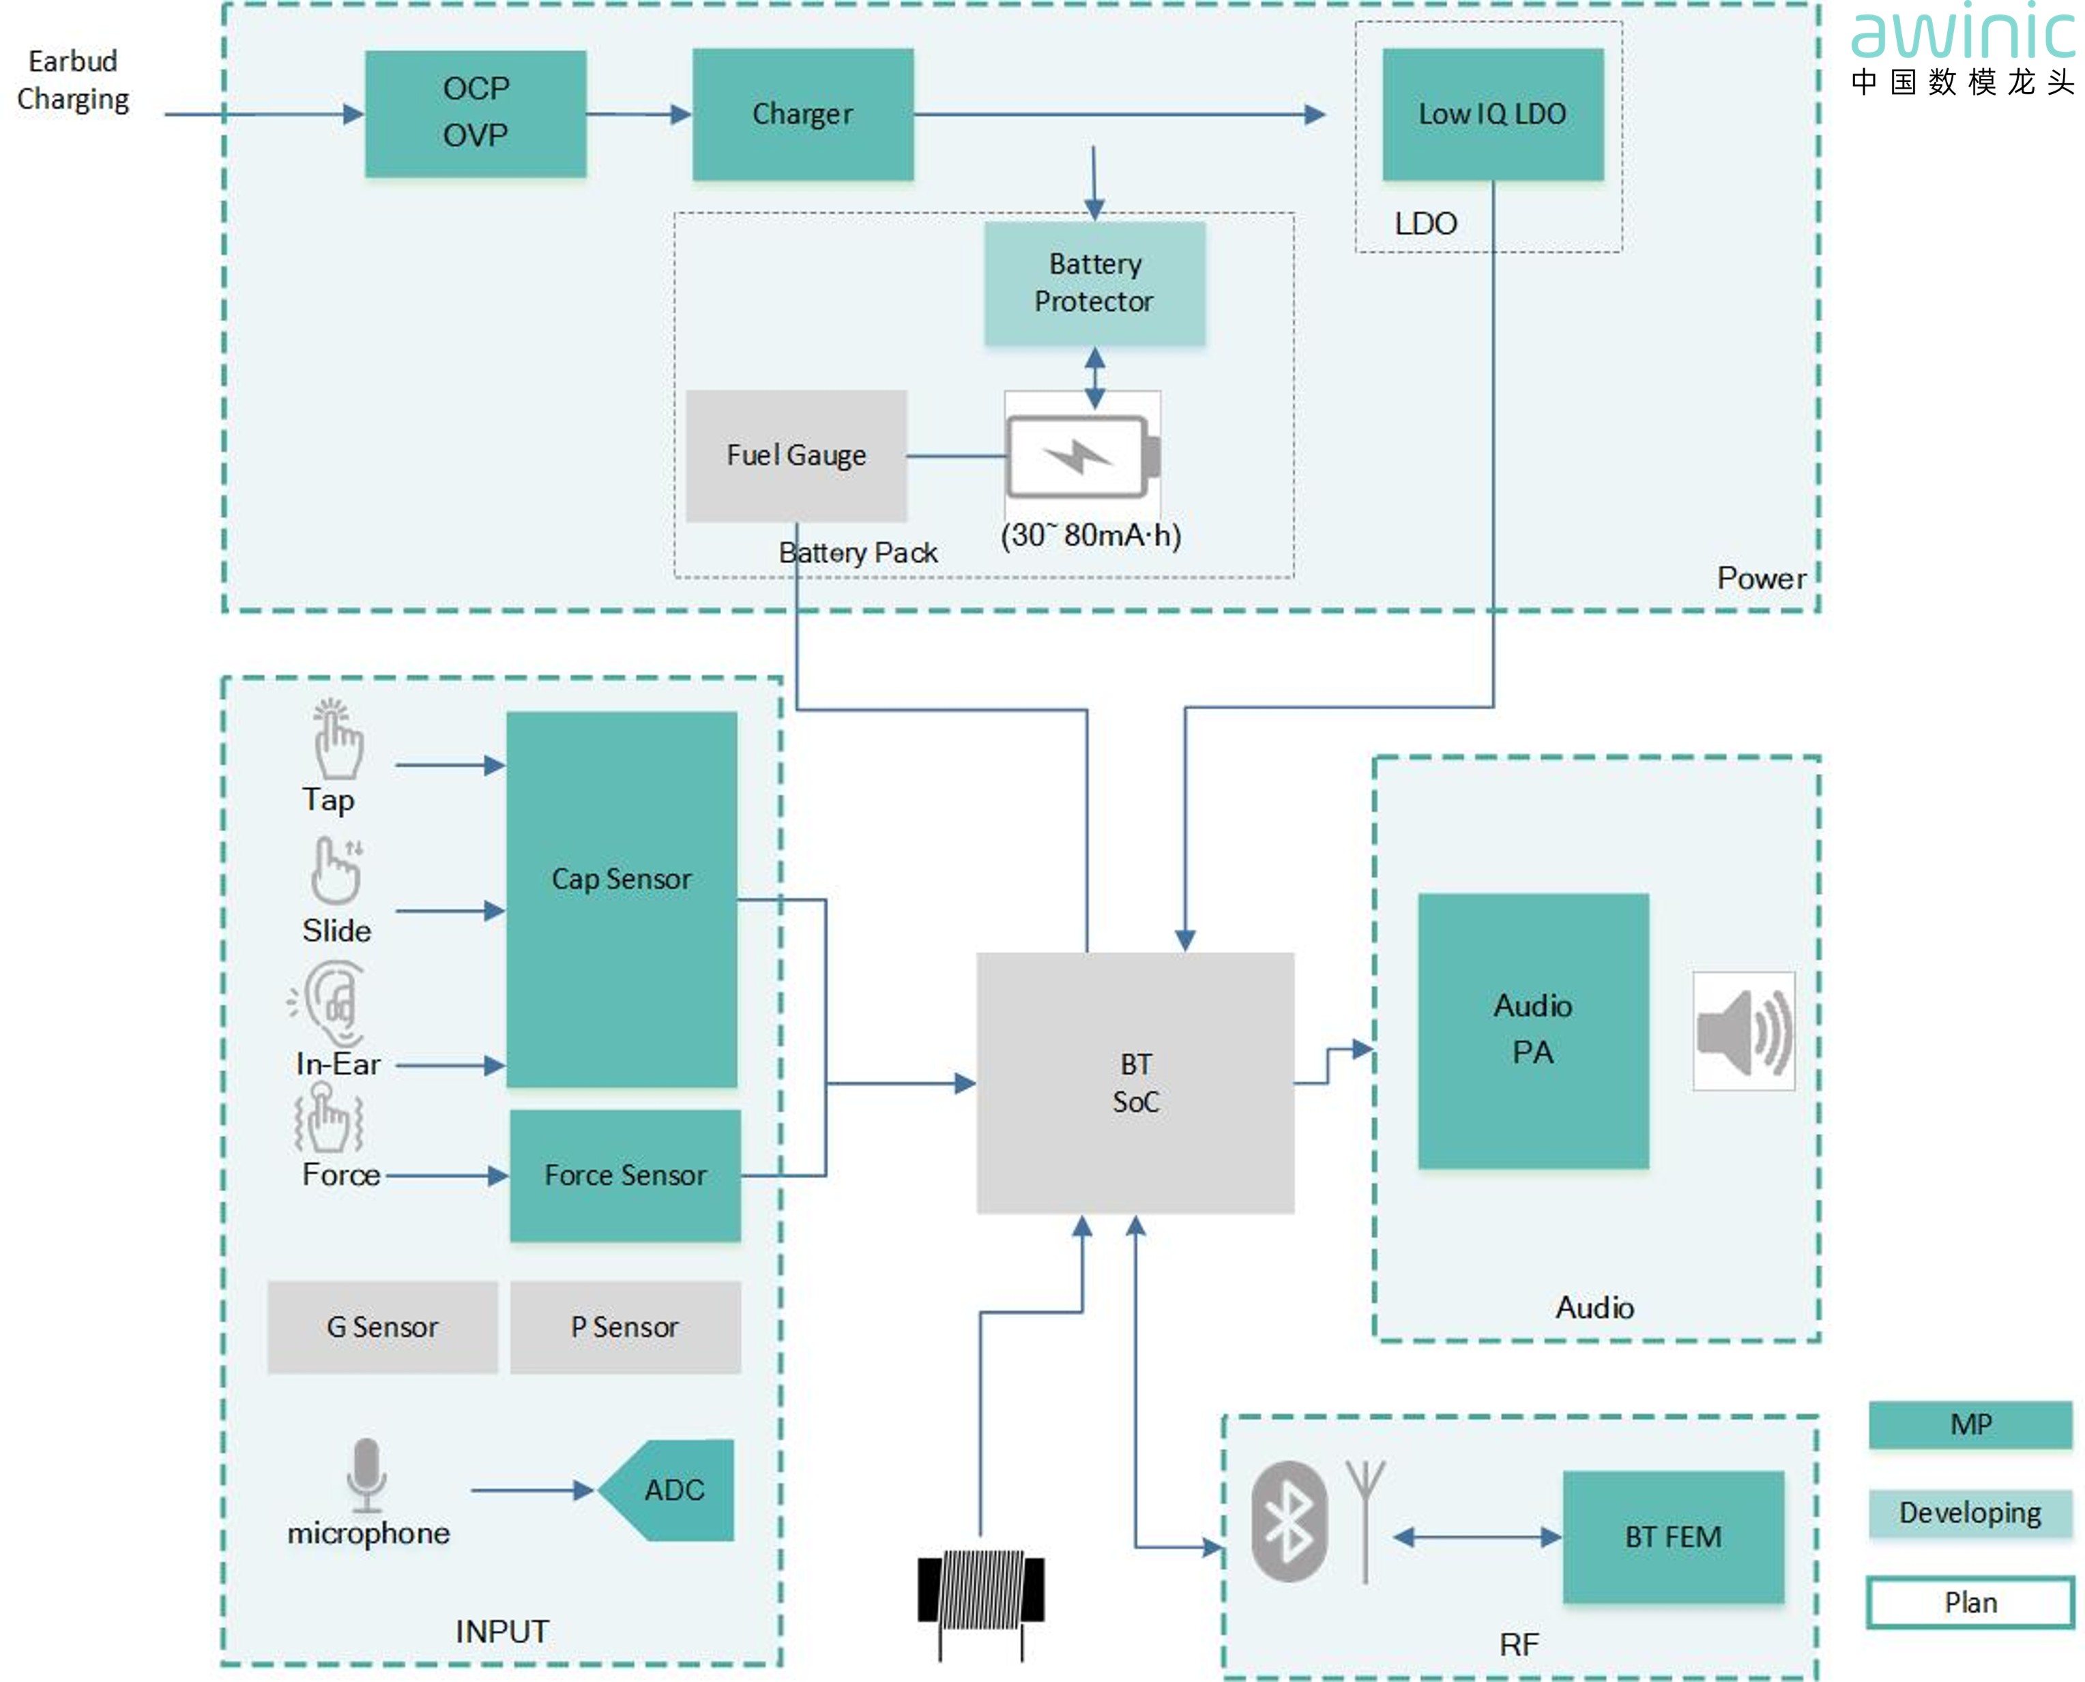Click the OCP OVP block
(475, 113)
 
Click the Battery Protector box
(1094, 283)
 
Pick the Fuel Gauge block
(796, 455)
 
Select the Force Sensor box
(625, 1175)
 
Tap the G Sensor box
(382, 1326)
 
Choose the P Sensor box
(625, 1326)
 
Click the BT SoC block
(1135, 1082)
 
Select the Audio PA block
(1532, 1030)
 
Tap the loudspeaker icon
(1743, 1031)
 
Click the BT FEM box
(1673, 1537)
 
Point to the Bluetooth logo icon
(1288, 1521)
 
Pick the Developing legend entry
(1970, 1512)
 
